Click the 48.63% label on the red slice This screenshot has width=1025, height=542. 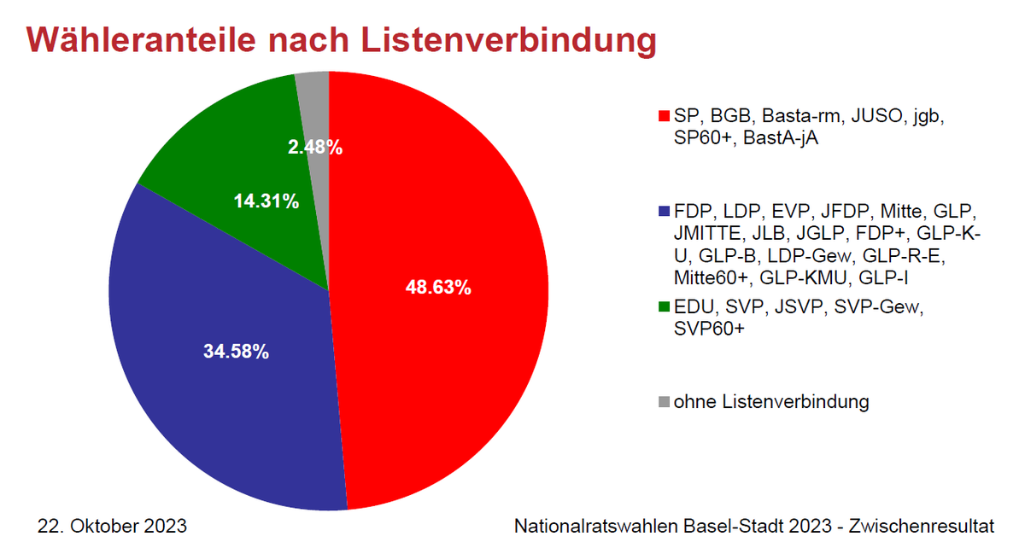click(x=437, y=288)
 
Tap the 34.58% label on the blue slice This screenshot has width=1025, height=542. click(x=236, y=351)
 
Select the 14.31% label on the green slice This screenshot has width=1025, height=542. click(x=266, y=201)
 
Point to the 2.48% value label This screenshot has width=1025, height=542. click(x=315, y=148)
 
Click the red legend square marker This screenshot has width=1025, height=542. click(x=663, y=115)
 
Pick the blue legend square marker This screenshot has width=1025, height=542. click(x=663, y=210)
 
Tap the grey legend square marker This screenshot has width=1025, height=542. click(x=663, y=401)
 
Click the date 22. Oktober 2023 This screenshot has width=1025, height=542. click(x=112, y=524)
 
